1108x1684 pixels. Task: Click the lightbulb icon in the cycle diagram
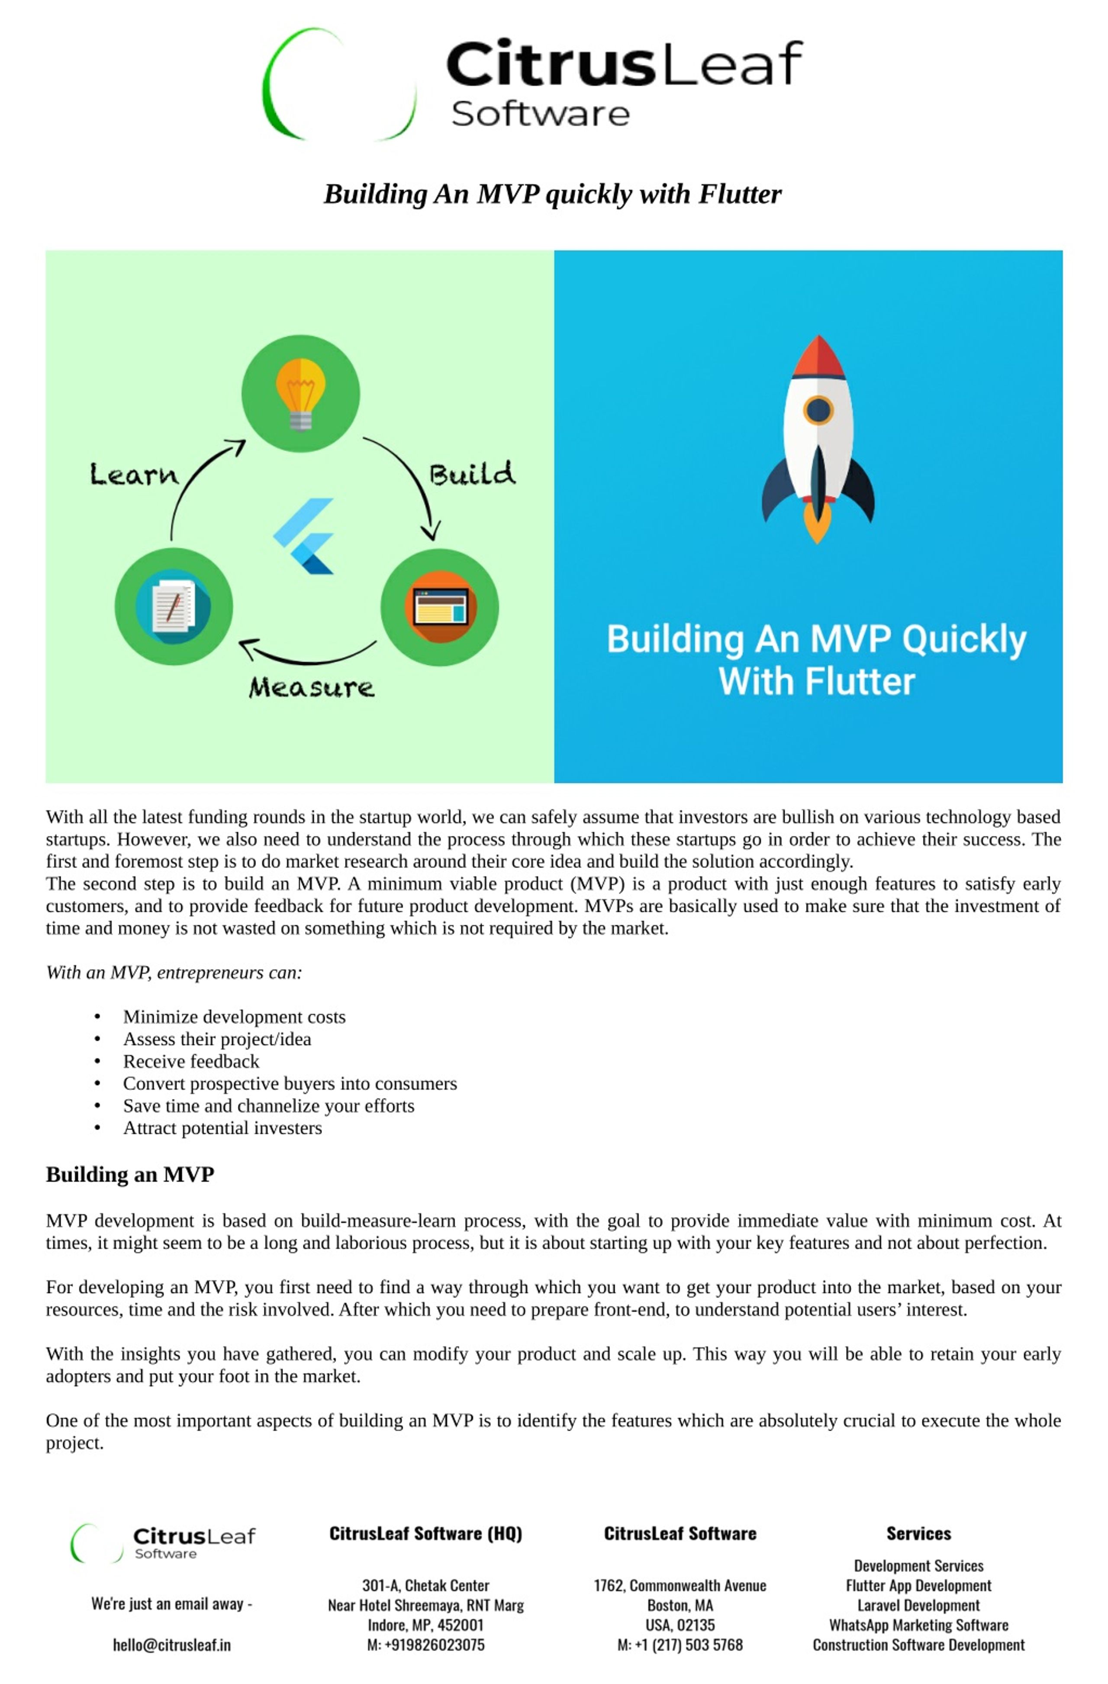coord(300,393)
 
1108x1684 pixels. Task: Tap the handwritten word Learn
coord(134,474)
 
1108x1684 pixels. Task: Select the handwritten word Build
coord(472,473)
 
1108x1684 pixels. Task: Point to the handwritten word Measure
coord(311,687)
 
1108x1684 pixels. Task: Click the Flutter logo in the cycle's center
coord(304,536)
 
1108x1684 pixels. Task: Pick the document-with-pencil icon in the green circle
coord(173,606)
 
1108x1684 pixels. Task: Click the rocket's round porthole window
coord(818,410)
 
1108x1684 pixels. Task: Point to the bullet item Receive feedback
coord(191,1061)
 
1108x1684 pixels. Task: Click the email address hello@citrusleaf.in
coord(172,1645)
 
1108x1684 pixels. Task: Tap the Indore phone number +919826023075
coord(425,1645)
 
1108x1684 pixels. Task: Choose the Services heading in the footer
coord(918,1533)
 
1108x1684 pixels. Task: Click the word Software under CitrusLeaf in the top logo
coord(540,114)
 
